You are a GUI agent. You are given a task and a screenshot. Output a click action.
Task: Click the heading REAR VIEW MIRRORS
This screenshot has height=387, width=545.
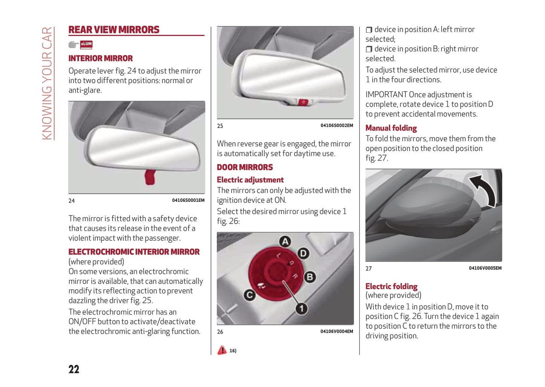(114, 30)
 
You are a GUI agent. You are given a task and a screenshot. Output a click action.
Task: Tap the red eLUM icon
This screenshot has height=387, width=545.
(86, 45)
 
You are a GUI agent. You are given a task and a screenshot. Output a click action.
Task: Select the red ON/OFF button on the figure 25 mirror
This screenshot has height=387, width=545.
(303, 102)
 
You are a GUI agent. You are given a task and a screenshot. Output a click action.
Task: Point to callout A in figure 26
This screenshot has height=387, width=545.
(285, 241)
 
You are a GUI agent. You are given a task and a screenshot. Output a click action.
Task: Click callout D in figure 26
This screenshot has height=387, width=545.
(303, 253)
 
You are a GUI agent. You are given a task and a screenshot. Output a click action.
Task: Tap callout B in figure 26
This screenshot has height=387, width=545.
(310, 277)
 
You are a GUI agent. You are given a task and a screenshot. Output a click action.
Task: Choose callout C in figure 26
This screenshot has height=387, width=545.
(249, 295)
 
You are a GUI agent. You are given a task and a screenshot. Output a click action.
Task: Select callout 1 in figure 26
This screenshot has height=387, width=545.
(301, 309)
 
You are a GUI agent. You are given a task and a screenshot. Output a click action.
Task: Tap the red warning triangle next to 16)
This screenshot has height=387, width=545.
(222, 350)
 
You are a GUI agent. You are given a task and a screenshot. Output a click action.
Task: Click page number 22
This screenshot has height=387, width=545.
(74, 369)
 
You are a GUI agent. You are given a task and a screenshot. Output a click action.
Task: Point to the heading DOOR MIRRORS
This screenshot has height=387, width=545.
(245, 167)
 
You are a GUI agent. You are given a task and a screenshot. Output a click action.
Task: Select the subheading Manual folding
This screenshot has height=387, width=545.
(391, 128)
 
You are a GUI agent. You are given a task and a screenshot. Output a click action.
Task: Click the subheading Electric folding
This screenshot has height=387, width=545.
(391, 286)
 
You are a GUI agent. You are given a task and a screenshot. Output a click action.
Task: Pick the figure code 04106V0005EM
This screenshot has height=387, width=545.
(485, 268)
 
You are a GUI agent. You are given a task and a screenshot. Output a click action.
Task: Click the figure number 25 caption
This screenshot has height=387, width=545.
(220, 126)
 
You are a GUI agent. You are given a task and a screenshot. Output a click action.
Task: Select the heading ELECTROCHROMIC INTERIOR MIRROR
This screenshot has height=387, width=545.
(134, 252)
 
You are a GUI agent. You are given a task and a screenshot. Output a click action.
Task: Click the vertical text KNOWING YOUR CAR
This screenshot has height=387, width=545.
(47, 83)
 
